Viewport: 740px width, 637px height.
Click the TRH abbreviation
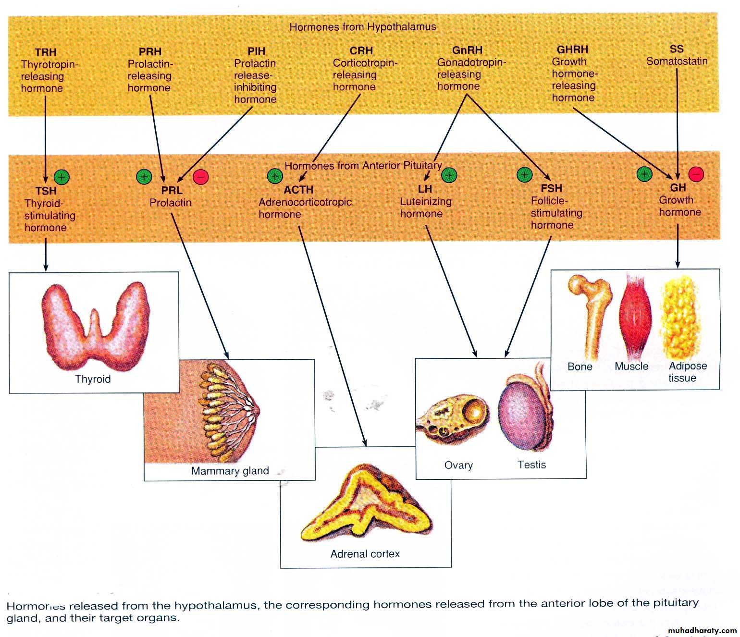(46, 52)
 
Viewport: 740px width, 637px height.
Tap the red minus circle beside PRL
(201, 177)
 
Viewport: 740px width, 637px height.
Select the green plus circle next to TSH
(62, 177)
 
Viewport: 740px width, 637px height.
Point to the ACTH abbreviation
(298, 190)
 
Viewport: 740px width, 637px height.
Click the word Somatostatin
(677, 61)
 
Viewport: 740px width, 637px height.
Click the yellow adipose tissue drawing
(681, 317)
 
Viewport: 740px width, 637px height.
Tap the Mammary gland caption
(230, 471)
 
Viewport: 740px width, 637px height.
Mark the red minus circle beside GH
(696, 173)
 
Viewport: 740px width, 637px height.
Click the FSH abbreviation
(551, 188)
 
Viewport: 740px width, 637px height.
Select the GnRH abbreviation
(467, 50)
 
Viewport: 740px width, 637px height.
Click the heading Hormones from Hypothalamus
(363, 27)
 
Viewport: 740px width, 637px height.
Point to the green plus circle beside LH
(449, 175)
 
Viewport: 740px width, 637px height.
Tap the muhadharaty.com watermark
(702, 630)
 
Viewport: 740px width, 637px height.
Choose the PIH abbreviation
(257, 51)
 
